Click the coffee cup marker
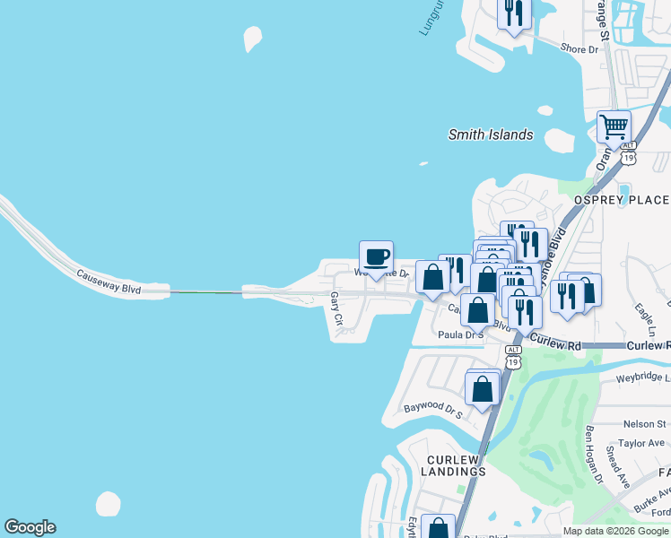point(376,257)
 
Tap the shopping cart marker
point(614,126)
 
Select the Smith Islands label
point(491,135)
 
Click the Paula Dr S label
point(460,334)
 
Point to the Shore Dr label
point(579,49)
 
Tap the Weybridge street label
point(642,379)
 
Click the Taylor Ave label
point(641,442)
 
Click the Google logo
point(30,527)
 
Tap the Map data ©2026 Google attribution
point(615,531)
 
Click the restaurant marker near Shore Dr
point(514,13)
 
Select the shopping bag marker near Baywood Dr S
point(483,389)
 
